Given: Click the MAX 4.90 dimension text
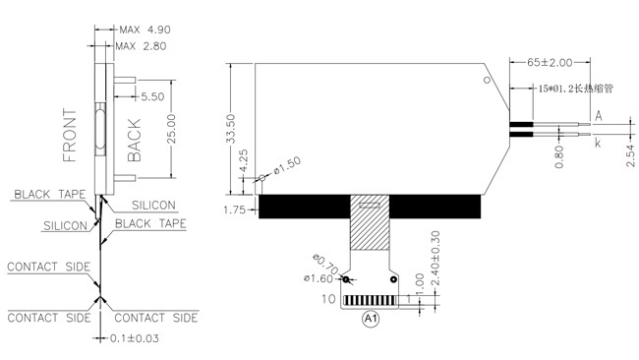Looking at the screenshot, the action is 145,30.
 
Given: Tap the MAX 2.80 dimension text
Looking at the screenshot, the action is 141,46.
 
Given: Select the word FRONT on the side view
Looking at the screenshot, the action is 70,136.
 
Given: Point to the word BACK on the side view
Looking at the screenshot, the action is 134,141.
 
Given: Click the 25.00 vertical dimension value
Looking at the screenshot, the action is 172,129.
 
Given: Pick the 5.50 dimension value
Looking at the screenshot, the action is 152,96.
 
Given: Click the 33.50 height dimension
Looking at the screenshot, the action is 231,129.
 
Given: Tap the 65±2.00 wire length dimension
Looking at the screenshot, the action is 550,62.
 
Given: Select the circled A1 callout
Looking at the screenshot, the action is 371,319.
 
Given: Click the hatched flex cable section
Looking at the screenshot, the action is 370,222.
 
